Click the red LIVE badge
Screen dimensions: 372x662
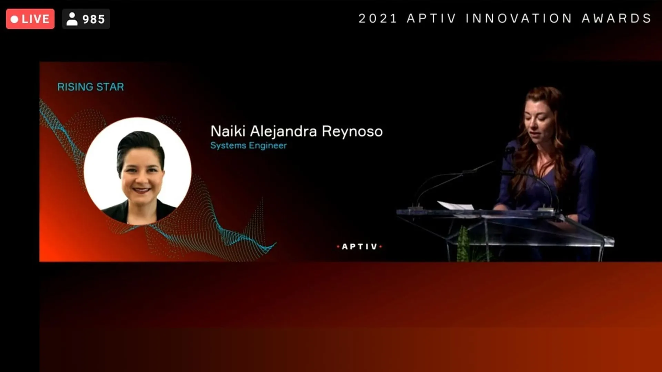coord(30,19)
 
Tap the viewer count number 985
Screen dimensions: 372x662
coord(93,19)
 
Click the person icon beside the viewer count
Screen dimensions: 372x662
coord(72,19)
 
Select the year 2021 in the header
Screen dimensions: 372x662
coord(378,18)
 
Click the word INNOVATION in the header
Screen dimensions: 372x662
coord(519,18)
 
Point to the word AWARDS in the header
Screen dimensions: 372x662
coord(616,18)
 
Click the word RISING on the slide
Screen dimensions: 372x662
coord(75,87)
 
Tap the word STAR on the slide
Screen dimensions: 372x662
coord(110,87)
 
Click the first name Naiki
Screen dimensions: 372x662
coord(228,131)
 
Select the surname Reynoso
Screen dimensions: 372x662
coord(352,132)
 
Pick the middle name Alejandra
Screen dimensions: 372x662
coord(283,132)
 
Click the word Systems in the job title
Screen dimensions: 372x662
coord(228,146)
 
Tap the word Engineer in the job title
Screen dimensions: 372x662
coord(268,145)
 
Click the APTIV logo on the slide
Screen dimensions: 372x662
coord(359,247)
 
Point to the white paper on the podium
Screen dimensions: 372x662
coord(455,206)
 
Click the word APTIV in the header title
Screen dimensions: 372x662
coord(431,18)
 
